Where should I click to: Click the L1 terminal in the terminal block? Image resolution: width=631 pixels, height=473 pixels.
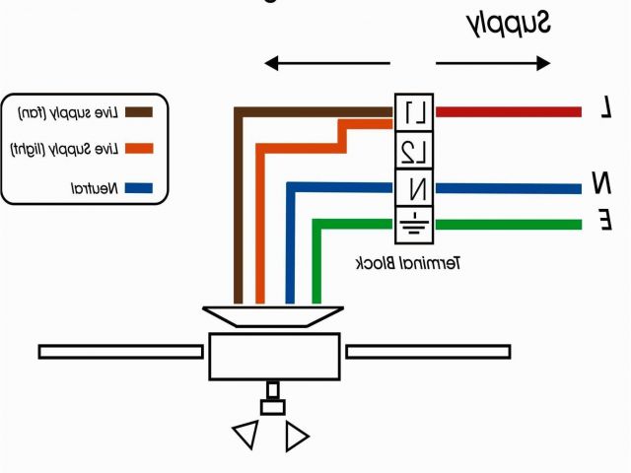(x=415, y=113)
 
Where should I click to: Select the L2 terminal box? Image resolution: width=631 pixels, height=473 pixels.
(x=415, y=150)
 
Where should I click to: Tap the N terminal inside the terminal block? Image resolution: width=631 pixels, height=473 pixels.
(x=415, y=185)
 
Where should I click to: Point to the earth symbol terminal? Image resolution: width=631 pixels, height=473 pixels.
(x=415, y=223)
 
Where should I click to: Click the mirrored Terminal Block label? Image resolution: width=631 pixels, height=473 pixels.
(x=409, y=263)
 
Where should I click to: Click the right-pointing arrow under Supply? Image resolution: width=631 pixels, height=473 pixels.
(x=493, y=64)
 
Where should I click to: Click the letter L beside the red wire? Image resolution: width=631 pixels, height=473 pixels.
(x=605, y=110)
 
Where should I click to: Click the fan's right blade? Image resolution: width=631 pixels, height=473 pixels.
(x=428, y=351)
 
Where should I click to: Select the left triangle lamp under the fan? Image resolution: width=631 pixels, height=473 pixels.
(x=246, y=435)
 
